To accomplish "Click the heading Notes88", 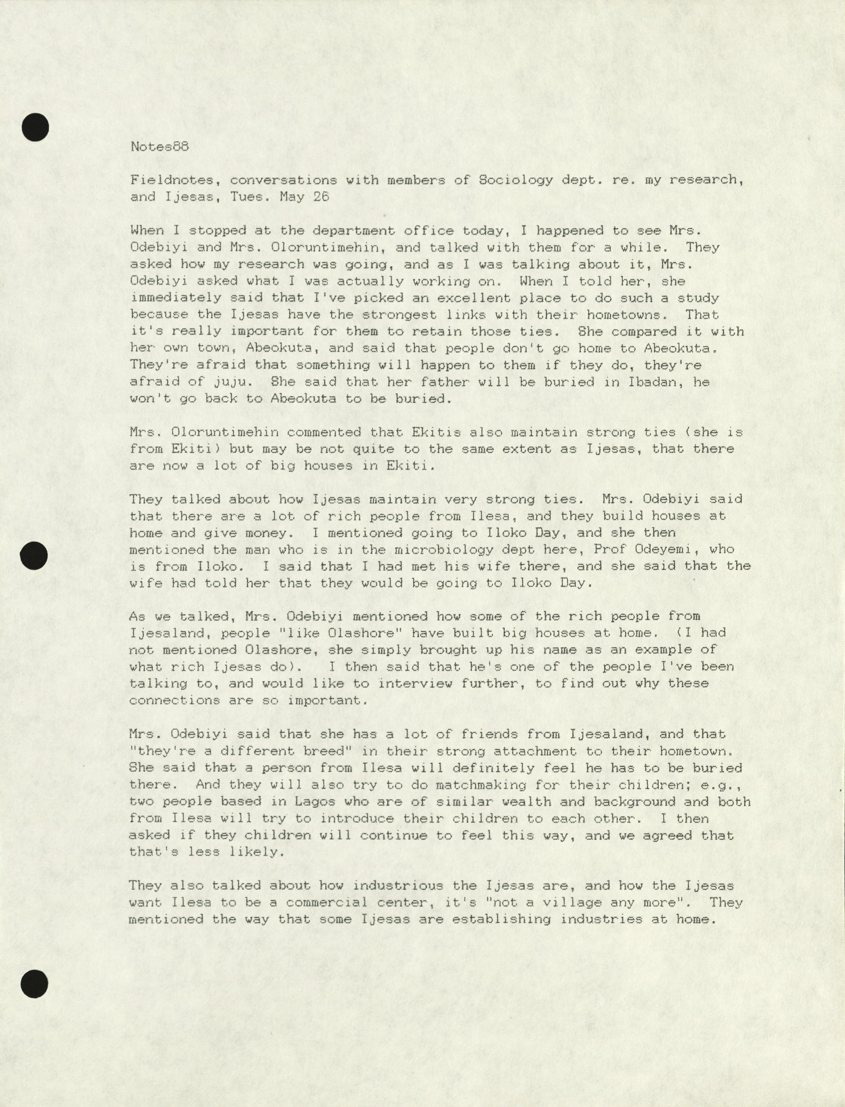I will [159, 146].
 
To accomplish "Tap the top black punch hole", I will [35, 127].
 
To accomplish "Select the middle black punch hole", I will [34, 556].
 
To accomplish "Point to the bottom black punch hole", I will [35, 984].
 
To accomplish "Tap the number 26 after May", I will [321, 197].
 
